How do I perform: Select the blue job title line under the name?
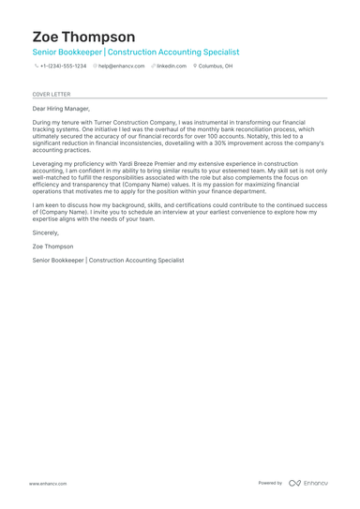click(135, 52)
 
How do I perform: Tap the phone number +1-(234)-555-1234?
click(63, 67)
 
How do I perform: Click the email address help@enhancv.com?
click(121, 67)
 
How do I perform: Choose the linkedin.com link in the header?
click(172, 67)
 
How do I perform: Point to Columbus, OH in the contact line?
click(217, 67)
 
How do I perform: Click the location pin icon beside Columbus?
click(195, 67)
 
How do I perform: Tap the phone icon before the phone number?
click(36, 67)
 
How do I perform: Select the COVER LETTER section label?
click(51, 95)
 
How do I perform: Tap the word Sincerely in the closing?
click(46, 232)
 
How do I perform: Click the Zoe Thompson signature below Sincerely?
click(52, 246)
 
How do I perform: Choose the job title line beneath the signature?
click(108, 260)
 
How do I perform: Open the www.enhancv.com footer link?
click(47, 484)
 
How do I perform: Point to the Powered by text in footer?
click(270, 483)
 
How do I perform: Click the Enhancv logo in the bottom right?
click(308, 483)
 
